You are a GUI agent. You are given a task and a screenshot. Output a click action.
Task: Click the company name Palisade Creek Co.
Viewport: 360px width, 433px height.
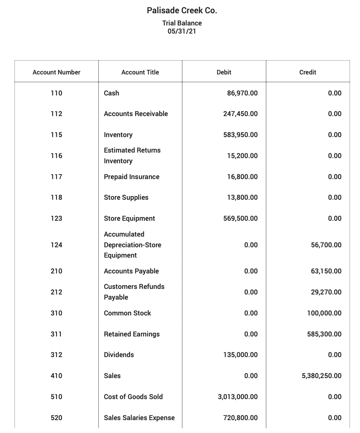[182, 10]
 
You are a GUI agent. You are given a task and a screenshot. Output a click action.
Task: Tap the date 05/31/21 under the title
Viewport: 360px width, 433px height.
[182, 31]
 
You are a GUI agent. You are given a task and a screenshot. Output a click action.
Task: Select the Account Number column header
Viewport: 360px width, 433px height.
[56, 72]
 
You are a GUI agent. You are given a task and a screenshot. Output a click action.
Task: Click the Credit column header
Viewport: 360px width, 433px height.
[308, 72]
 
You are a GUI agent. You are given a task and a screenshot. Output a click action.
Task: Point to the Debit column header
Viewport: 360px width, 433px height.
[224, 72]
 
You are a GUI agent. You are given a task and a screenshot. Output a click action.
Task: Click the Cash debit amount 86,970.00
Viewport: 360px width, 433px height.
[242, 93]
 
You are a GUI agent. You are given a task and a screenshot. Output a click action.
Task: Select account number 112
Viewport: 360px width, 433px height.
[56, 114]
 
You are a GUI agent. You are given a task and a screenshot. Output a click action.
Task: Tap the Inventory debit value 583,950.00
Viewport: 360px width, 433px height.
[240, 135]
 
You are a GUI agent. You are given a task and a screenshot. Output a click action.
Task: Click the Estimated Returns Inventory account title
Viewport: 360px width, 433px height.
[132, 156]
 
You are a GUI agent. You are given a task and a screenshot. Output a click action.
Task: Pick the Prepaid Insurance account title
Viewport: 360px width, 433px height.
[132, 177]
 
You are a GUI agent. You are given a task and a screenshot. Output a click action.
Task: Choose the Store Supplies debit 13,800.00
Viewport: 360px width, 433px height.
[242, 198]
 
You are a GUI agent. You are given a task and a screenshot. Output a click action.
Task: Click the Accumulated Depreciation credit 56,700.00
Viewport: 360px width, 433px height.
[326, 245]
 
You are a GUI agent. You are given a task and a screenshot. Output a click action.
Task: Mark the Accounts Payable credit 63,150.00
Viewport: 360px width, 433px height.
[326, 271]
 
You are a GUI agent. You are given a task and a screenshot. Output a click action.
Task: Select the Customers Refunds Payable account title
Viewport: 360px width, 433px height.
[134, 292]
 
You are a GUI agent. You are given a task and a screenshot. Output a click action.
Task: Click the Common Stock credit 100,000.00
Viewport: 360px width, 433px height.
[324, 313]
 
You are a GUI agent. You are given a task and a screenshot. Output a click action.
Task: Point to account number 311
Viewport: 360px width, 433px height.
[56, 334]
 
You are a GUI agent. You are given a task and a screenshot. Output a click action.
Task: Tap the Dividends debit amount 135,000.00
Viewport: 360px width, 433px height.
[240, 355]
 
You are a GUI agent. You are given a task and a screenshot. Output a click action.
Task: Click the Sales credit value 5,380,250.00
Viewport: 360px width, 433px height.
[321, 376]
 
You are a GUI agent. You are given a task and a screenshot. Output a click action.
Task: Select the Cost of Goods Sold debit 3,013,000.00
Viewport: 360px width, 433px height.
[238, 397]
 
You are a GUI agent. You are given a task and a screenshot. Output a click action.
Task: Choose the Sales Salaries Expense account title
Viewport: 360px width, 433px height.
[139, 418]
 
